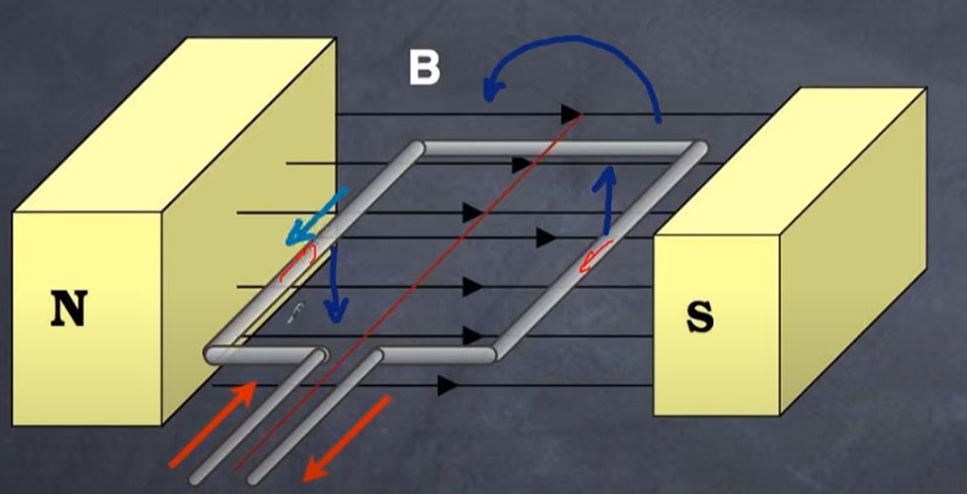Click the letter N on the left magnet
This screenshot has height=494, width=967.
pos(69,309)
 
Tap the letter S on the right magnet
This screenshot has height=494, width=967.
pos(700,318)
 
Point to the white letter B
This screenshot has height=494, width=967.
pos(425,67)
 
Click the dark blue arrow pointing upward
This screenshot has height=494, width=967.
pos(608,199)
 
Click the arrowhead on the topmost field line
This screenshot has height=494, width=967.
pos(570,114)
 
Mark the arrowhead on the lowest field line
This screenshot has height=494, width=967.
pos(448,385)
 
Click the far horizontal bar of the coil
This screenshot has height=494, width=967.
pos(557,147)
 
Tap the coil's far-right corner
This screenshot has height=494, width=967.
pos(698,148)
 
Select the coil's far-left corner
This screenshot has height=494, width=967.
pos(416,148)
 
